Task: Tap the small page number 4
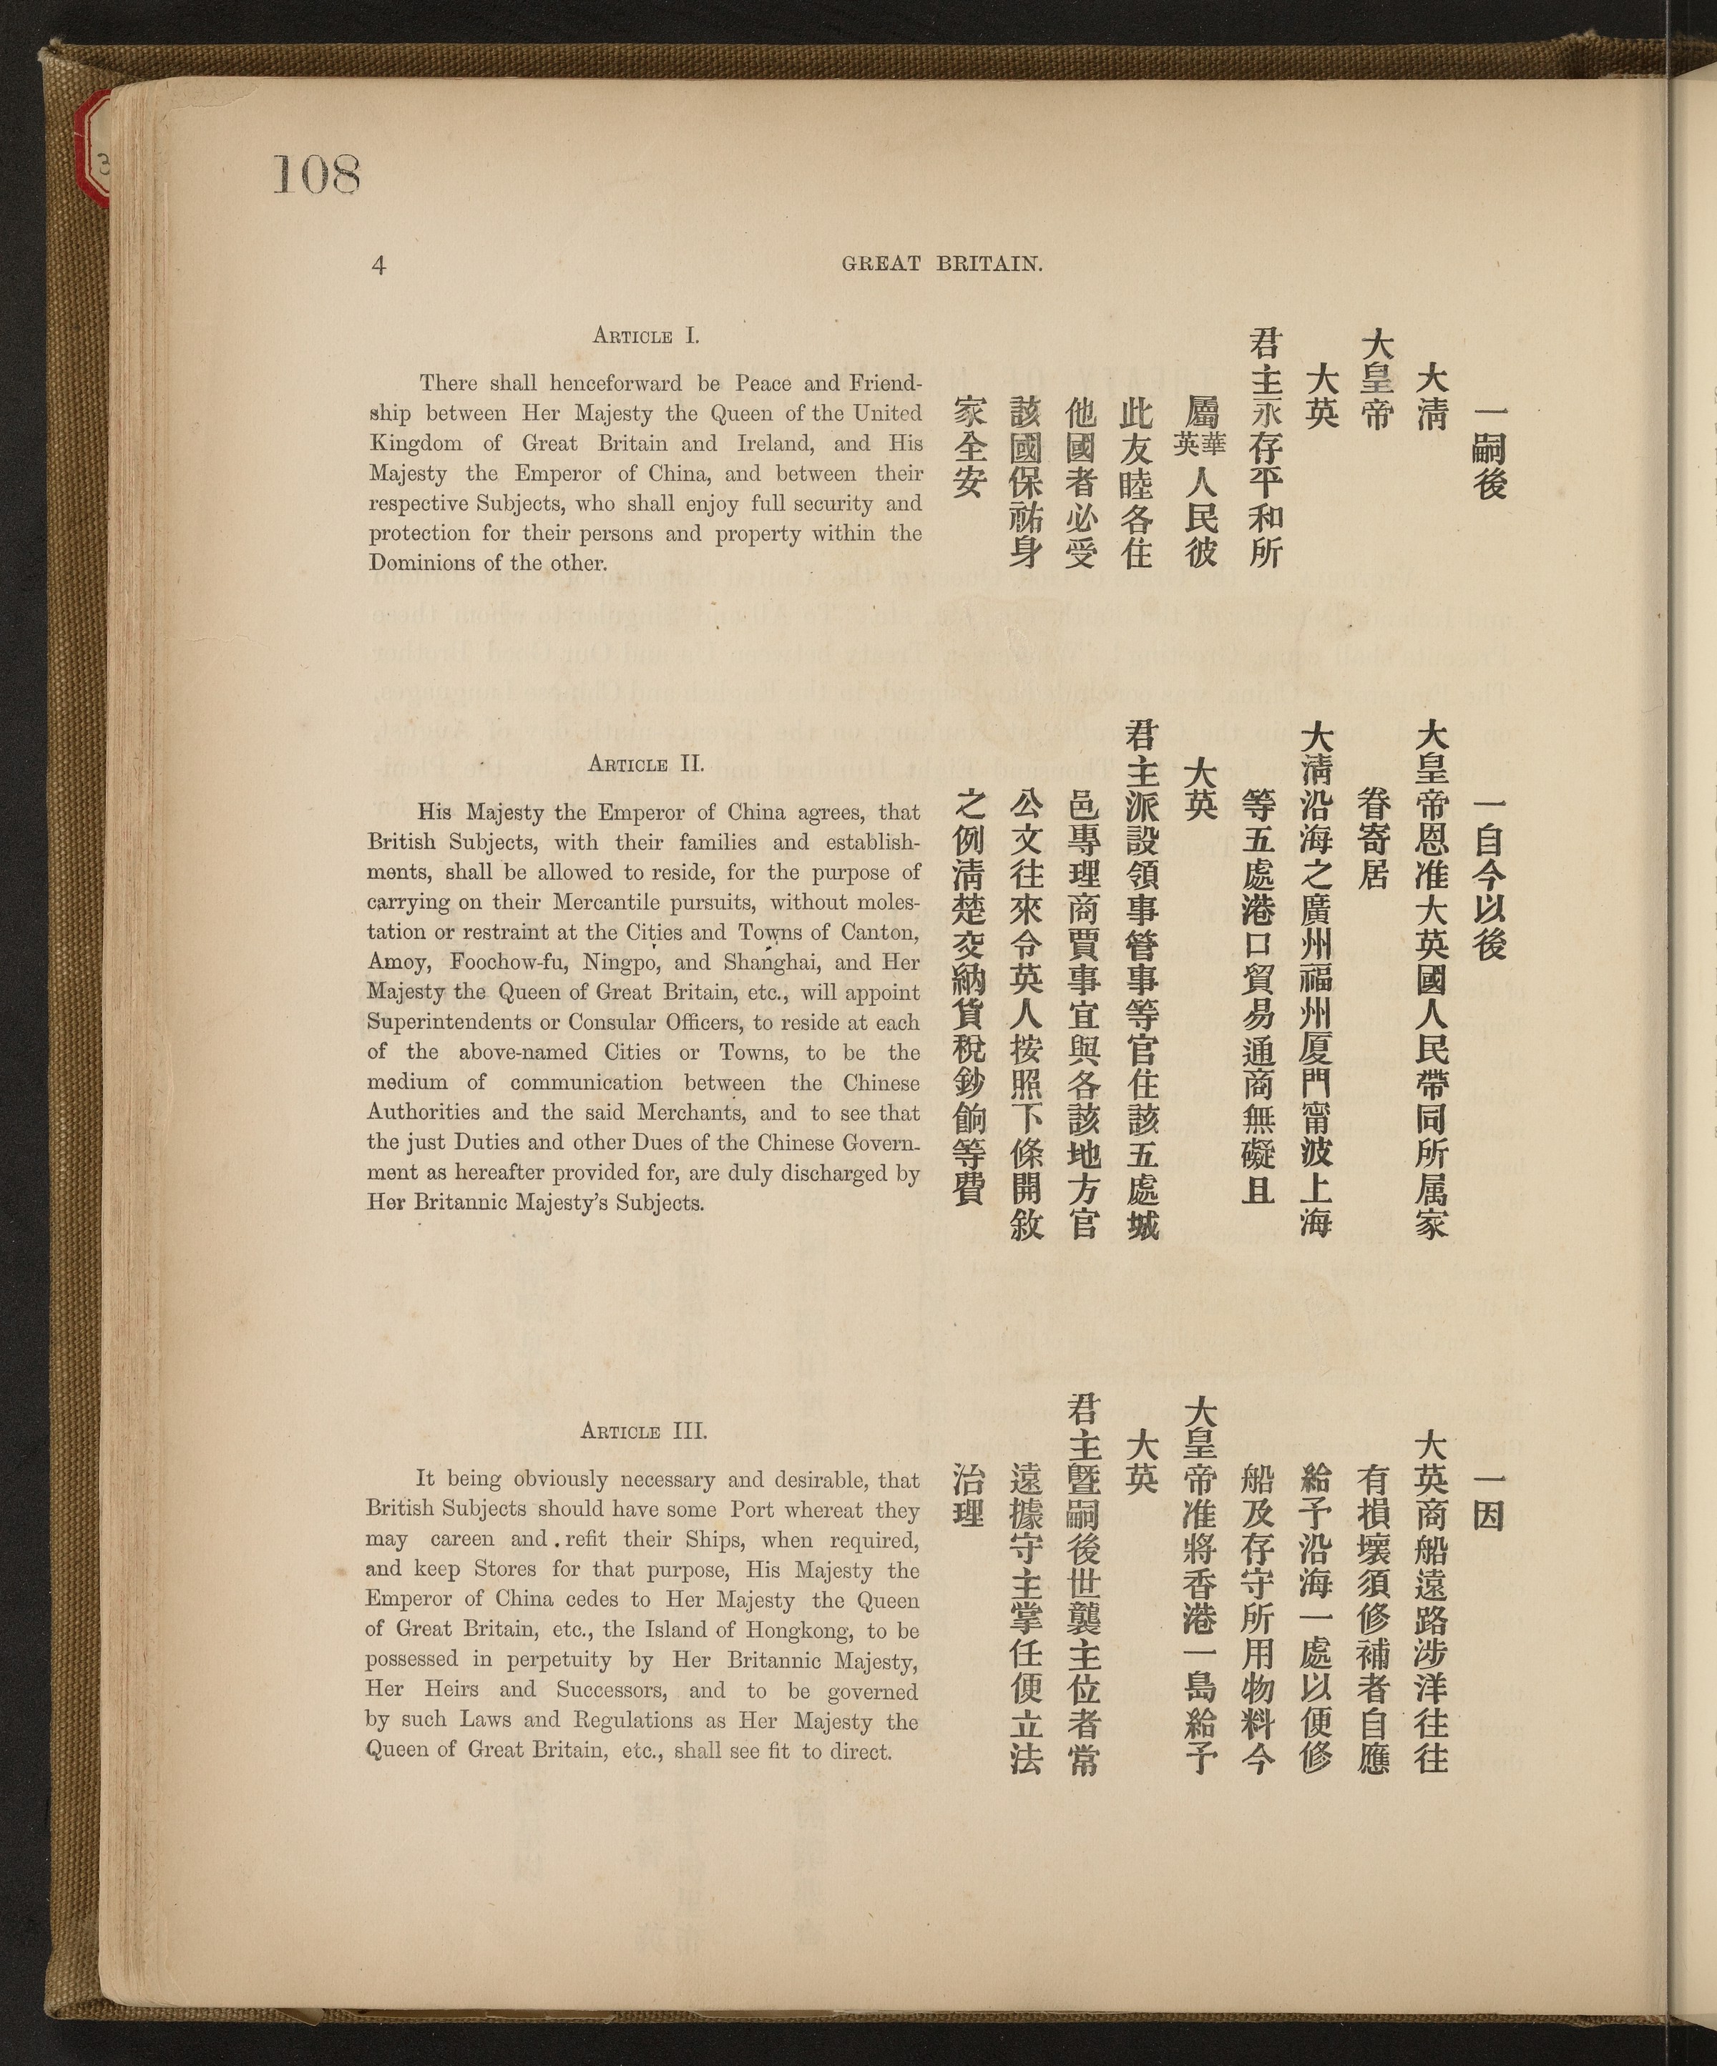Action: tap(379, 265)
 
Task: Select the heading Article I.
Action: tap(645, 335)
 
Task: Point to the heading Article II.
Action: tap(645, 764)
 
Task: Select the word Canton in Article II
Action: tap(881, 932)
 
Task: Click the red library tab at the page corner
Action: tap(99, 147)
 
